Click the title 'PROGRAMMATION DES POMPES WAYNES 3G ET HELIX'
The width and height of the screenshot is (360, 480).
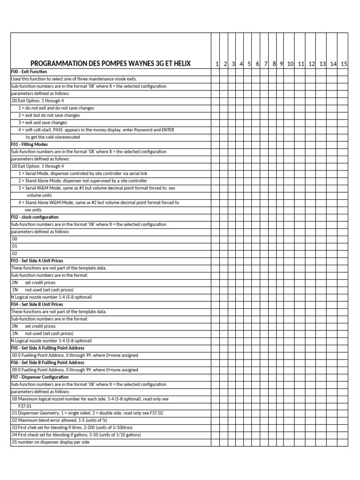pos(111,64)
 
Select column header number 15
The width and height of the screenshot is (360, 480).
pos(344,64)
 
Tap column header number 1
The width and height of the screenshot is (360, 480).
pos(217,64)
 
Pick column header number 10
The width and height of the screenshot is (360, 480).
pos(290,64)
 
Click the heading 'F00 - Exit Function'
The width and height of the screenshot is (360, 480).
pos(29,72)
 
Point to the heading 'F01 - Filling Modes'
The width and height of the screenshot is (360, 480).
pos(29,144)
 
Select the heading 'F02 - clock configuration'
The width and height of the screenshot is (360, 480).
pos(35,217)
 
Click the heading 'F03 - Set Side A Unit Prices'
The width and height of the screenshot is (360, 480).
pos(37,261)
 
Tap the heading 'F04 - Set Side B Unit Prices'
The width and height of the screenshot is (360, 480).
pos(37,304)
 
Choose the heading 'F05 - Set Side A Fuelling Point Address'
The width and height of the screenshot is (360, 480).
pos(47,348)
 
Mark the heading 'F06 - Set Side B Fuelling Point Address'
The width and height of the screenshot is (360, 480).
pos(47,362)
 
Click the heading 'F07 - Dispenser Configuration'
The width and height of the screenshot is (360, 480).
pos(39,377)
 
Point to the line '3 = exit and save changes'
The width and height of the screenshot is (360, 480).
pos(43,123)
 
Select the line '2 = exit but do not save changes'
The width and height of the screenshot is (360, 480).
pos(49,115)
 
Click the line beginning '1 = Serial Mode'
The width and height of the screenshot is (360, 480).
pos(82,173)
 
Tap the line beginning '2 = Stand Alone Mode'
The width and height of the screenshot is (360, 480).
pos(82,180)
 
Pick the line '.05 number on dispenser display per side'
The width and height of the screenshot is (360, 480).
pos(50,442)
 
